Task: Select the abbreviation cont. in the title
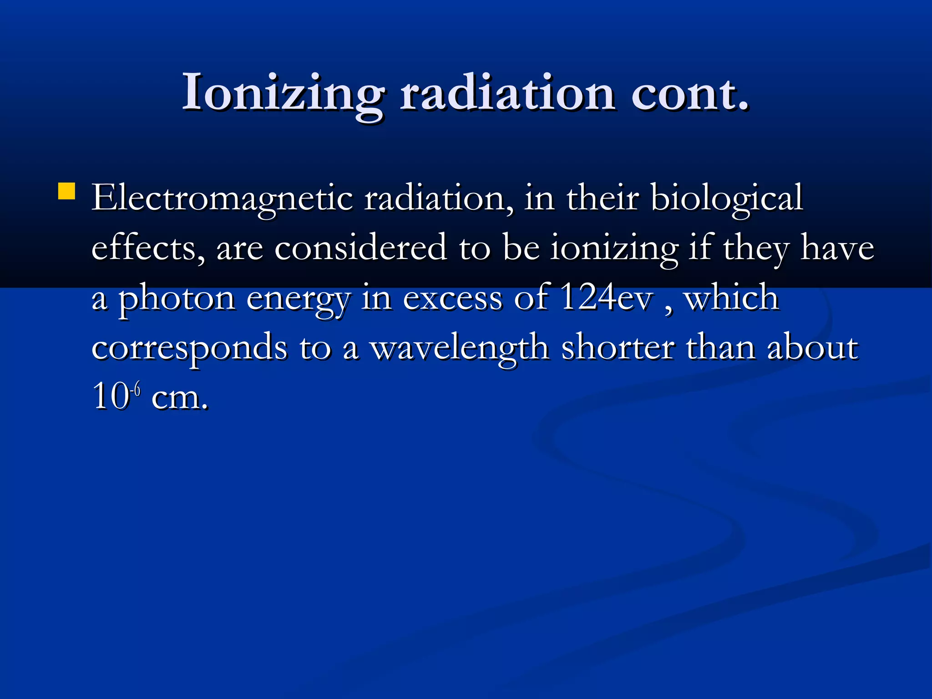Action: pyautogui.click(x=689, y=93)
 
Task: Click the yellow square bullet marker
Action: pyautogui.click(x=67, y=191)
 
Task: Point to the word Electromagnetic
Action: pyautogui.click(x=222, y=199)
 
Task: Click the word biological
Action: pyautogui.click(x=727, y=199)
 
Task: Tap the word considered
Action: pyautogui.click(x=360, y=248)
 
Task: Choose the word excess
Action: pyautogui.click(x=452, y=298)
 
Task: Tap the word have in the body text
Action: pyautogui.click(x=837, y=248)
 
